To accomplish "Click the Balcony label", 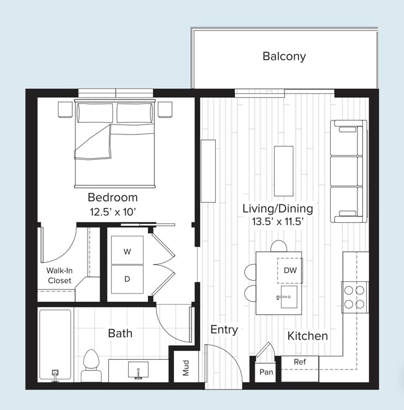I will click(x=283, y=57).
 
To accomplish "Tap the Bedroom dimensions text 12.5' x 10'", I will click(x=112, y=212).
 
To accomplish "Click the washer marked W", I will click(x=127, y=252).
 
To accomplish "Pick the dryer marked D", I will click(x=127, y=279).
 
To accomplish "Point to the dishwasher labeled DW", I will click(x=290, y=270).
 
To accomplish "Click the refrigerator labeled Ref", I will click(x=300, y=362).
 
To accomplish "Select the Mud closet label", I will click(x=185, y=368).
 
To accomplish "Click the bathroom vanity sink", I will click(x=138, y=371).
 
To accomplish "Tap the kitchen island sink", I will click(x=287, y=296).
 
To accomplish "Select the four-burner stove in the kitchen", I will click(x=354, y=297).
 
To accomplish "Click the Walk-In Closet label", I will click(x=59, y=276).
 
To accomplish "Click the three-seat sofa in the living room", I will click(x=348, y=171).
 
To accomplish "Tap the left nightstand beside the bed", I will click(x=65, y=109).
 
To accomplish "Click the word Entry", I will click(x=224, y=330).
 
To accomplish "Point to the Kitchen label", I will click(x=307, y=336).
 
